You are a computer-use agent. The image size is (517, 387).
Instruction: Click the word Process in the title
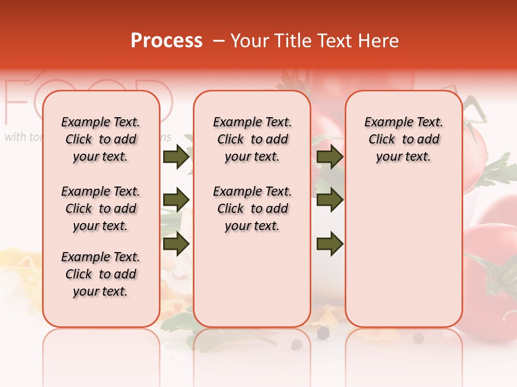tap(166, 41)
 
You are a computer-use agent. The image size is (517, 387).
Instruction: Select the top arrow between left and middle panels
tap(176, 157)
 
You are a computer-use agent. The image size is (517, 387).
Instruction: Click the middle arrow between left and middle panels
tap(176, 200)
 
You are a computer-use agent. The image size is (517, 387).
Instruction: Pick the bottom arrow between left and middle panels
tap(176, 243)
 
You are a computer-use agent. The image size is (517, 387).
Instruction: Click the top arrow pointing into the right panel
tap(330, 157)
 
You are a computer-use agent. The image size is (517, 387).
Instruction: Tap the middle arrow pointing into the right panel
tap(330, 200)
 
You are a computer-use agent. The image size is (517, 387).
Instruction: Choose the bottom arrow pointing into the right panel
tap(330, 243)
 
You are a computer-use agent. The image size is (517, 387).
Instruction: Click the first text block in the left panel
tap(101, 139)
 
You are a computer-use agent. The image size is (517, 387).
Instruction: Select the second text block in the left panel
tap(101, 209)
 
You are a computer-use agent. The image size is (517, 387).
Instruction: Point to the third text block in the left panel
tap(101, 274)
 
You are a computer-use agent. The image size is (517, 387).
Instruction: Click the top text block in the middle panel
tap(252, 139)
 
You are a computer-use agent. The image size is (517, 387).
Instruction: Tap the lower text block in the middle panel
tap(252, 209)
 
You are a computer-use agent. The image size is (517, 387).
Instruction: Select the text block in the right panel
tap(403, 139)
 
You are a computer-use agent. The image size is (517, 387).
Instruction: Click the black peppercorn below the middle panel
tap(323, 333)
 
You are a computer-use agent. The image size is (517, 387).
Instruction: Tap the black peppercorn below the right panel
tap(418, 338)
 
